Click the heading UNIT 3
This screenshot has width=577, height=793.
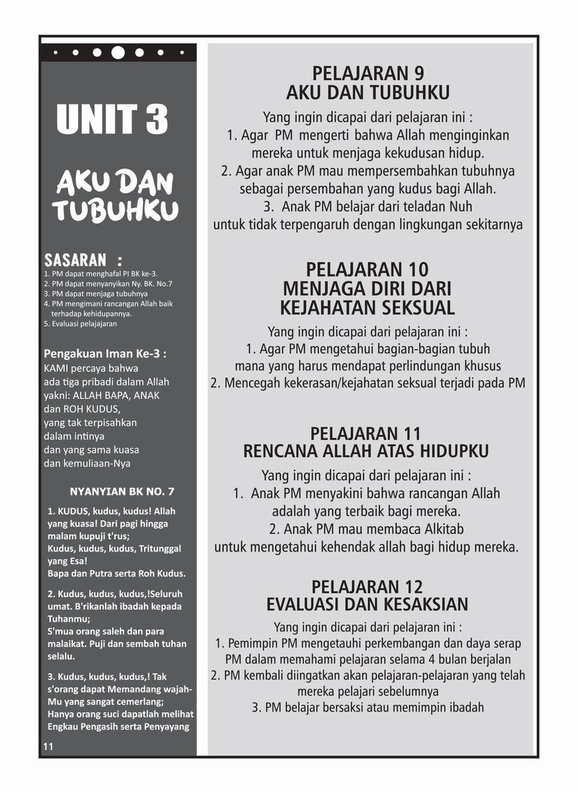coord(113,119)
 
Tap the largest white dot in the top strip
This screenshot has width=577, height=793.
coord(118,52)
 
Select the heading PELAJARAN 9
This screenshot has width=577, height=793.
coord(368,73)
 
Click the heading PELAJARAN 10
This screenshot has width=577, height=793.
coord(367,269)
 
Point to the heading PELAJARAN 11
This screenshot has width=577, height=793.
coord(366,433)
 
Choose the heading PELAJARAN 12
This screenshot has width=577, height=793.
coord(367,586)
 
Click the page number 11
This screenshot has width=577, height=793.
coord(48,746)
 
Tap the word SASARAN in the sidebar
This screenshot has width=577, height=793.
coord(75,260)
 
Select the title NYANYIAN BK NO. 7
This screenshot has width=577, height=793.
coord(122,491)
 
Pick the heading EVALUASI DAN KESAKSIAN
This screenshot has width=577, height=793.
coord(367,604)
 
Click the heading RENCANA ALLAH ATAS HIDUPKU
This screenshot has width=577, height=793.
coord(366,451)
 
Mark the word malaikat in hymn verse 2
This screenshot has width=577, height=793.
coord(67,644)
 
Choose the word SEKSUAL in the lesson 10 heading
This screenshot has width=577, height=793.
coord(416,307)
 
